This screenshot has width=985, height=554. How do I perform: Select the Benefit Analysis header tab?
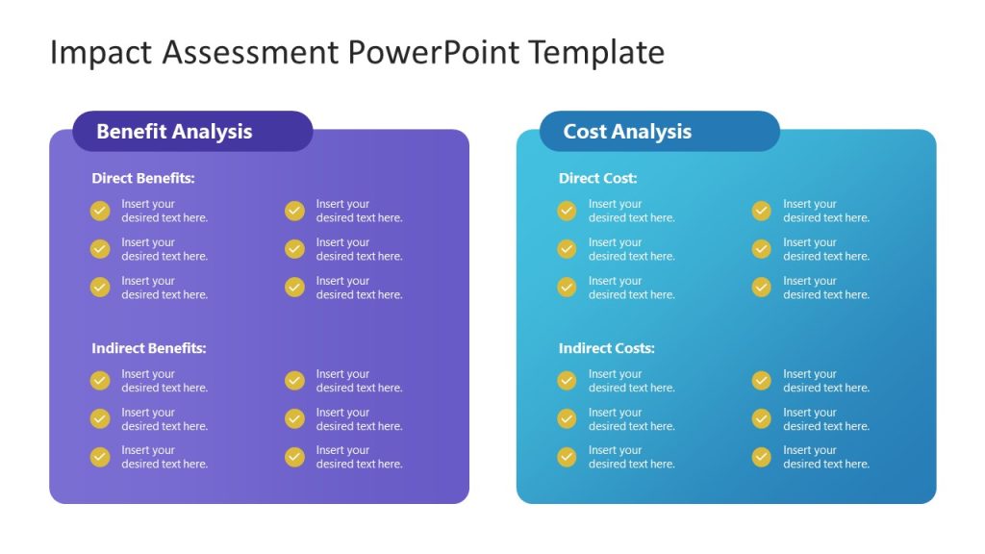(192, 132)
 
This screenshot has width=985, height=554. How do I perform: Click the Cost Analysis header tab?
(659, 132)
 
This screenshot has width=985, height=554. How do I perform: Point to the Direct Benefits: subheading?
(143, 178)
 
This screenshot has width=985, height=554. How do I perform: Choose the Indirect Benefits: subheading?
(149, 348)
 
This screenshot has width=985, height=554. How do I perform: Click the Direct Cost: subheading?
(597, 178)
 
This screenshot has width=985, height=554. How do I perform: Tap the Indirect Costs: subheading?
(606, 348)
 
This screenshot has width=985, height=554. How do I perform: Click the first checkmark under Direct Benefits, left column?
(100, 211)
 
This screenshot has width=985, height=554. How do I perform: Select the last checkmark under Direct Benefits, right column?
(294, 287)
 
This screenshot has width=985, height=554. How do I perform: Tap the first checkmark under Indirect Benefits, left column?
(100, 381)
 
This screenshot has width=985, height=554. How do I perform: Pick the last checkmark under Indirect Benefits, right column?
(294, 457)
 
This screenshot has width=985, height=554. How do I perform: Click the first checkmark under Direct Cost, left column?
(567, 211)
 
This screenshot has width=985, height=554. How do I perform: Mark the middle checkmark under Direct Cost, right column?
(761, 249)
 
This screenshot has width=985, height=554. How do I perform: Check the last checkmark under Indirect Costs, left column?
(567, 457)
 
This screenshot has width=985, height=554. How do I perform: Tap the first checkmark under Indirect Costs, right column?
(761, 381)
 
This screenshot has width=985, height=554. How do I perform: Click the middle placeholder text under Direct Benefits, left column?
(164, 249)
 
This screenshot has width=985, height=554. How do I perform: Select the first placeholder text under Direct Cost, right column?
(825, 211)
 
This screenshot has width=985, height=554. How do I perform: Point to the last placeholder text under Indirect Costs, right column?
(825, 457)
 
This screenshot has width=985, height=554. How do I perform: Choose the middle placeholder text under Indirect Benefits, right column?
(359, 419)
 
